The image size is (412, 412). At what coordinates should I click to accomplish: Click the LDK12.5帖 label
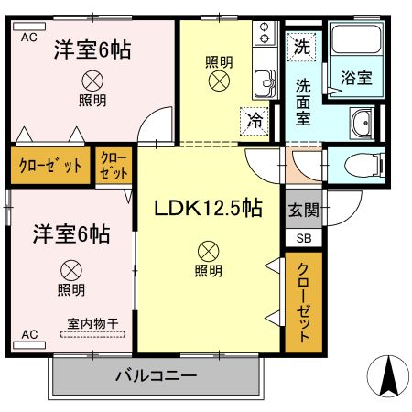coord(210,208)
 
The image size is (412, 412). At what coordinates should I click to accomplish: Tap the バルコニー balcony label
coord(156,375)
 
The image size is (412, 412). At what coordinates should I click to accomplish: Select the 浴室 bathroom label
coord(357,78)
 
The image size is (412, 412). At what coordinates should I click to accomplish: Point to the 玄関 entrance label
coord(303,210)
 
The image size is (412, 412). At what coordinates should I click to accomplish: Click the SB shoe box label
coord(303,237)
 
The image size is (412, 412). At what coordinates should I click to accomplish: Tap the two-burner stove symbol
coord(264,35)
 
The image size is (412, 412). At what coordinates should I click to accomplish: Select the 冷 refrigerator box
coord(255,119)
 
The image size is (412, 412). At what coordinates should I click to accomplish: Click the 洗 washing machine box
coord(301,44)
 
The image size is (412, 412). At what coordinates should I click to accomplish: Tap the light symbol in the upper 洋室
coord(91,80)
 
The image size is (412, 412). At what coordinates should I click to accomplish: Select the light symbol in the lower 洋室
coord(70,270)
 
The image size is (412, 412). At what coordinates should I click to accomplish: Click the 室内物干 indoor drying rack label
coord(92,323)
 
